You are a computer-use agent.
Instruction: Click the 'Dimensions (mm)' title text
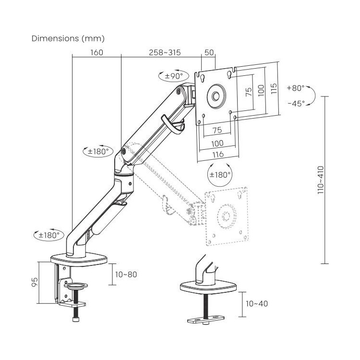point(68,38)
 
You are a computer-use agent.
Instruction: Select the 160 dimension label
point(97,53)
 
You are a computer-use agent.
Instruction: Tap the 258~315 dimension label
point(165,53)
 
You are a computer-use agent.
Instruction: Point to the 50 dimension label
point(209,53)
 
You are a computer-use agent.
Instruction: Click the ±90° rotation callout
point(174,75)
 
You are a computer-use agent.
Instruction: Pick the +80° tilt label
point(296,88)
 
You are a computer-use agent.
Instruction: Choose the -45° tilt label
point(297,104)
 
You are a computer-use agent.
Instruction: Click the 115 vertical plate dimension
point(274,88)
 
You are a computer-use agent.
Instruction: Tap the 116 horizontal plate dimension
point(217,154)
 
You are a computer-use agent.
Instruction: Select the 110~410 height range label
point(321,180)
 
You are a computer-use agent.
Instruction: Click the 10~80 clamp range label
point(126,275)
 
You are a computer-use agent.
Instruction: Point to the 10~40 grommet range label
point(257,304)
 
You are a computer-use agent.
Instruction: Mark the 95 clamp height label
point(35,282)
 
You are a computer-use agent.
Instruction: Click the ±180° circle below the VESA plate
point(220,175)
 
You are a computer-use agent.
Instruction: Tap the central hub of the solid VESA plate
point(216,96)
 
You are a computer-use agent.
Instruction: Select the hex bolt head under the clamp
point(76,319)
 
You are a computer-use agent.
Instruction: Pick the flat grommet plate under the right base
point(206,319)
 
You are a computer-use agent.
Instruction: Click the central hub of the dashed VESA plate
point(227,216)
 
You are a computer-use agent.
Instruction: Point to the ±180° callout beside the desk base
point(49,235)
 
